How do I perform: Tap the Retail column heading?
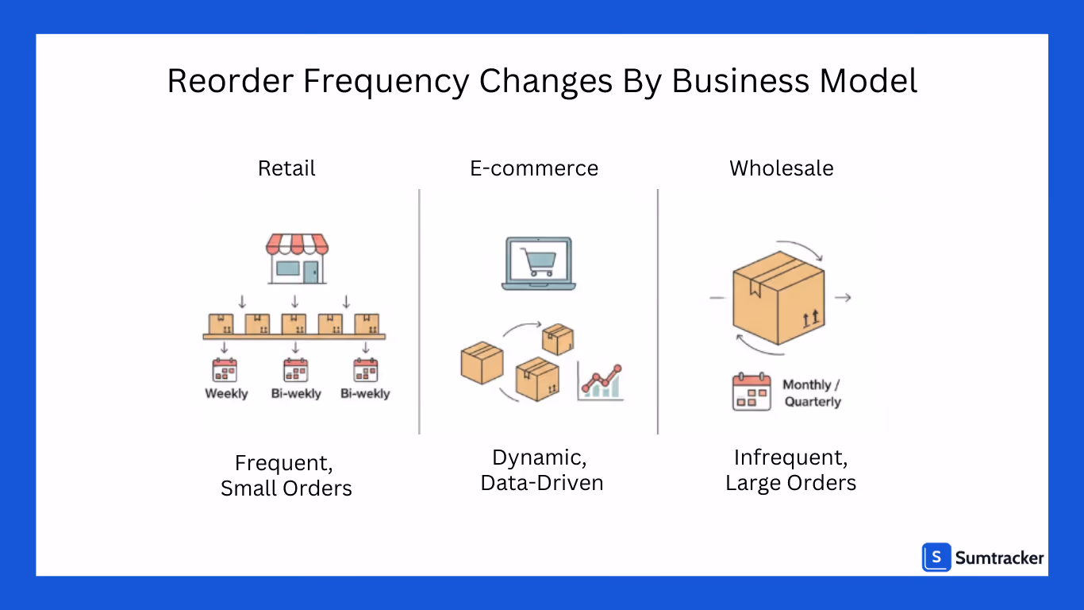286,168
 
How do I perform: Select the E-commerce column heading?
534,168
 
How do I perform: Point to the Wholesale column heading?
782,168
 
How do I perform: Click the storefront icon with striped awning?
296,257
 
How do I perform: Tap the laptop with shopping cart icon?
539,263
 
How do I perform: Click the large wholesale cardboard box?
778,297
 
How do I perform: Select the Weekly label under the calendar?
226,393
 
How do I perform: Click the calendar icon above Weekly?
225,370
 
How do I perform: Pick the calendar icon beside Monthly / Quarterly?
751,392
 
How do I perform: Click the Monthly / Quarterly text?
812,393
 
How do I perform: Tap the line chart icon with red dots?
601,382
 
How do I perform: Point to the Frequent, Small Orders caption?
286,475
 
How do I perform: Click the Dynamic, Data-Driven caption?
542,469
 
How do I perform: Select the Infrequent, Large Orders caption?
791,469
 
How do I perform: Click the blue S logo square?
936,558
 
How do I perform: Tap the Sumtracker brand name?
999,558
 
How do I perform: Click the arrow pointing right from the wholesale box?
844,298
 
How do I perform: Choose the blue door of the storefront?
309,272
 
